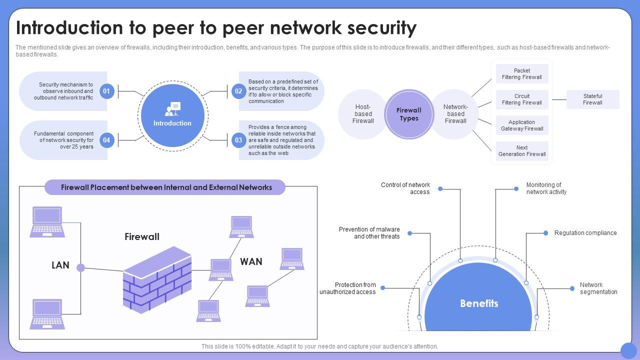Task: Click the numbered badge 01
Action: (106, 91)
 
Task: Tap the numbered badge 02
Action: (238, 91)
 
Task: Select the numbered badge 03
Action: (238, 140)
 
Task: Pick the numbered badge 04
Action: (106, 140)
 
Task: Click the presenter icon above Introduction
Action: (172, 109)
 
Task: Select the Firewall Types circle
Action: (409, 114)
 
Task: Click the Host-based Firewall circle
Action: (363, 114)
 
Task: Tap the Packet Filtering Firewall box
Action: (521, 74)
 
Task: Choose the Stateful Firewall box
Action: (592, 99)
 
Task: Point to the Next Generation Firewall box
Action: (521, 151)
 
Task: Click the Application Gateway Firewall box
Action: (521, 125)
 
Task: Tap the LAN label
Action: (60, 265)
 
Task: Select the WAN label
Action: (251, 261)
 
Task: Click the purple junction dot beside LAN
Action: (80, 267)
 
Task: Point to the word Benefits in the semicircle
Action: (479, 303)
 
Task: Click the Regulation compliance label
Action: (585, 233)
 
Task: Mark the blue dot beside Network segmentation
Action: (572, 288)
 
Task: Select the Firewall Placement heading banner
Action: (165, 187)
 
